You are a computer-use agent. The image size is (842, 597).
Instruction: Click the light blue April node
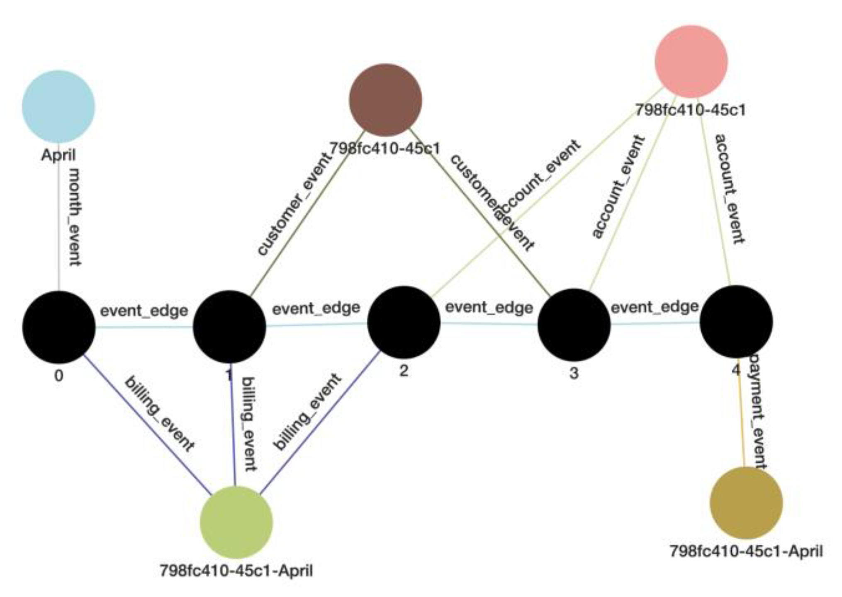coord(58,107)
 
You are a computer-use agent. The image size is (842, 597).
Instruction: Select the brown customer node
coord(385,100)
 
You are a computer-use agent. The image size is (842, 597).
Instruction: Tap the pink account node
coord(691,61)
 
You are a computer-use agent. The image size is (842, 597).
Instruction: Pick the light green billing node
coord(236,522)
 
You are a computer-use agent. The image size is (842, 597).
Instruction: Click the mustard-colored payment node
coord(746,503)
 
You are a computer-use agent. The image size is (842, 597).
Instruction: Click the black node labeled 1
coord(229,327)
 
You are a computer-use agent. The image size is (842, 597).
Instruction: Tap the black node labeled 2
coord(404,323)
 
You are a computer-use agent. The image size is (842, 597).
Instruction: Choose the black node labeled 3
coord(574,325)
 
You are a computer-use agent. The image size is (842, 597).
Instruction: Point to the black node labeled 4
coord(736,322)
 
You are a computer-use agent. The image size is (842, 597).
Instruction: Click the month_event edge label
coord(75,217)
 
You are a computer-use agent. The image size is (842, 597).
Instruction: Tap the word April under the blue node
coord(58,155)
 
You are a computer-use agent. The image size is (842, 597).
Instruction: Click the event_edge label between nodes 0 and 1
coord(144,311)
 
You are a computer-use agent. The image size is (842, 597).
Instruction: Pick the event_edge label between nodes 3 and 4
coord(655,307)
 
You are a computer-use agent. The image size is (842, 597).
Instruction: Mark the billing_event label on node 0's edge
coord(159,413)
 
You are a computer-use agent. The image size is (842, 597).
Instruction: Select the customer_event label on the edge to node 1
coord(295,203)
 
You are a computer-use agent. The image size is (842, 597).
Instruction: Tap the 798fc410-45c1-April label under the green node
coord(236,571)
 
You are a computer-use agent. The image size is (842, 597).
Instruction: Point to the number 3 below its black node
coord(574,373)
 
